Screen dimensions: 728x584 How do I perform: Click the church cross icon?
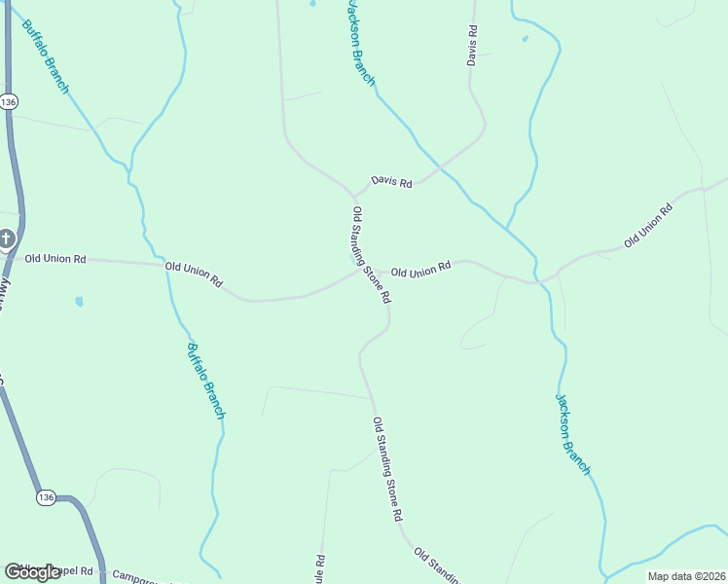click(x=6, y=238)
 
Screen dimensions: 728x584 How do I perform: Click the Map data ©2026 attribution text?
click(x=686, y=576)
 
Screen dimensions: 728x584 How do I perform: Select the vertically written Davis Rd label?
click(x=473, y=46)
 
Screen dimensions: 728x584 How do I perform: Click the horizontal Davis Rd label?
click(x=391, y=182)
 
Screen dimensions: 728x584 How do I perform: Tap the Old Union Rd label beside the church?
click(x=55, y=259)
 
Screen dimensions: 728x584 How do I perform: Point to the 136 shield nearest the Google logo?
click(x=46, y=497)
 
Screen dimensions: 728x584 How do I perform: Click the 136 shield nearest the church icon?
click(x=9, y=101)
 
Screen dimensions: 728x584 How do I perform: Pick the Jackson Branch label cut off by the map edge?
click(x=360, y=43)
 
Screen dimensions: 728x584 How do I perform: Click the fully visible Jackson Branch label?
click(x=573, y=434)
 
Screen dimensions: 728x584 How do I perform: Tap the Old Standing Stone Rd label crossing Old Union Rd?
click(x=371, y=255)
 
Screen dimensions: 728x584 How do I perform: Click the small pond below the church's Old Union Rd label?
click(x=79, y=302)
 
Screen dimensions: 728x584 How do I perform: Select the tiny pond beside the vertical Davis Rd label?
click(x=525, y=39)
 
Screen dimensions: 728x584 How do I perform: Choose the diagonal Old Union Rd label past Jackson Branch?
click(x=648, y=225)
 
